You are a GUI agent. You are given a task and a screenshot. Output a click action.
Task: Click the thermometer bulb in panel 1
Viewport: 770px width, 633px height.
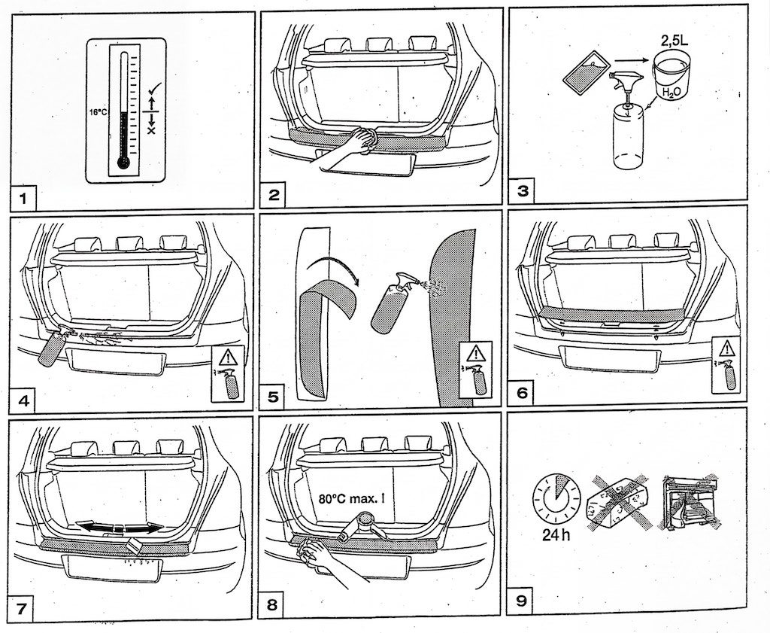click(x=123, y=161)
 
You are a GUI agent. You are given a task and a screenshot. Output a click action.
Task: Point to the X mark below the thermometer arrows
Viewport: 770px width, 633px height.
click(x=151, y=130)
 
